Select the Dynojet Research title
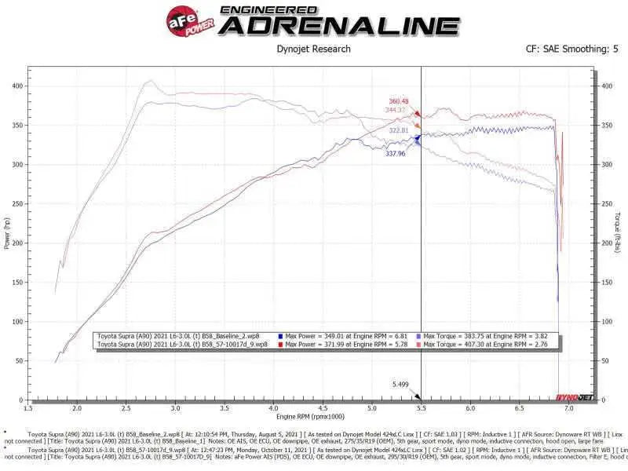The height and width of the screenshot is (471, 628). tap(314, 49)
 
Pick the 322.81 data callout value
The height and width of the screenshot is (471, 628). tap(399, 130)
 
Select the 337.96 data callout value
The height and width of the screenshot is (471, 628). tap(395, 154)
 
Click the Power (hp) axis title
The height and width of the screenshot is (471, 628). tap(7, 234)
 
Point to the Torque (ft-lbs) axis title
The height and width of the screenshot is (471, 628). tap(620, 234)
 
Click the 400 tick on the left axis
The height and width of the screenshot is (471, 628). tap(16, 86)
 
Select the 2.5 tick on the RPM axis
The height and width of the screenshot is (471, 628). tap(126, 408)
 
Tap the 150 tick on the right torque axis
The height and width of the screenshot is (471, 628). tap(607, 282)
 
